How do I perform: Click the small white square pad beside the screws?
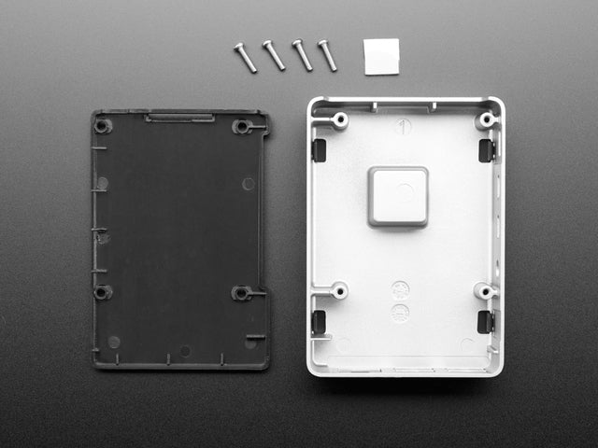coord(380,56)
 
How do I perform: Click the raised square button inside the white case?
coord(398,196)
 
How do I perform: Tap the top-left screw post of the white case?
coord(339,119)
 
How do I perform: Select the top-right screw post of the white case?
coord(484,121)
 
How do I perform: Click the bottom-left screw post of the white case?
coord(338,290)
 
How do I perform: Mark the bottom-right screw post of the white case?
coord(483,291)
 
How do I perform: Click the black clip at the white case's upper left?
coord(319,149)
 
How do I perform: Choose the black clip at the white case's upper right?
coord(485,150)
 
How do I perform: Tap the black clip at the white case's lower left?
coord(319,321)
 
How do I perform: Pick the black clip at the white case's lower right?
coord(485,321)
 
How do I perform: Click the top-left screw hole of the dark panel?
coord(102,126)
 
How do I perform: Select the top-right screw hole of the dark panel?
coord(241,126)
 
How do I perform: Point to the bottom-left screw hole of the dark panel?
coord(101,292)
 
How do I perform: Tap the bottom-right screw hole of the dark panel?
coord(241,293)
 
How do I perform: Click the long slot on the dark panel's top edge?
coord(180,118)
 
